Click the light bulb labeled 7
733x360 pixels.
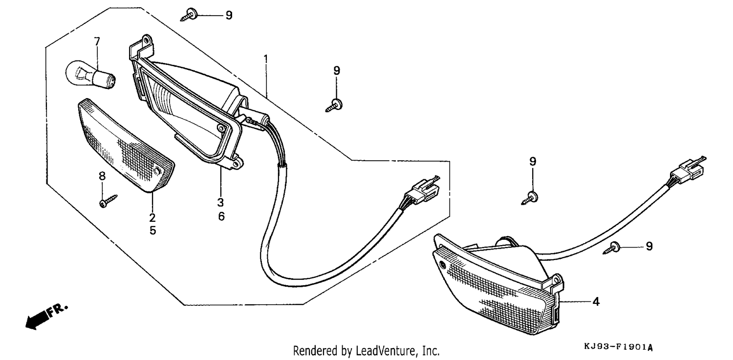pos(90,74)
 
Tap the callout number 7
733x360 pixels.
pos(97,42)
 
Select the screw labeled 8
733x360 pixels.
pos(108,201)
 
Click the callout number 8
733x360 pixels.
pos(102,176)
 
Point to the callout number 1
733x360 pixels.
pos(266,59)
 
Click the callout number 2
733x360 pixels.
pos(152,217)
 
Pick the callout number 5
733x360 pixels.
pos(152,231)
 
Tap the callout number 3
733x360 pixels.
pos(220,202)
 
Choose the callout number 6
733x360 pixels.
pos(221,216)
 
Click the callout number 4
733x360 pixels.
pos(596,301)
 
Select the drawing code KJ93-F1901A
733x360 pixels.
pos(618,347)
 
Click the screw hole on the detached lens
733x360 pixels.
pos(158,171)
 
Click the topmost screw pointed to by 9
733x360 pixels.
pos(189,15)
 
